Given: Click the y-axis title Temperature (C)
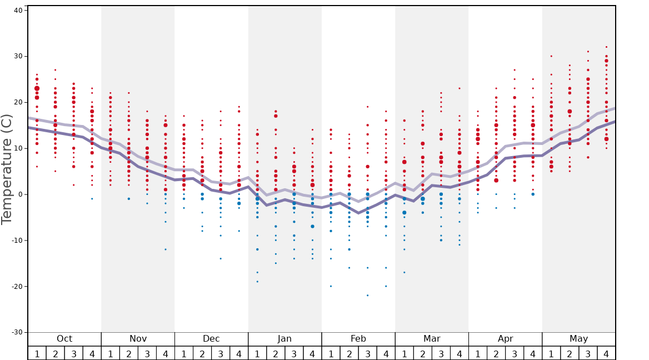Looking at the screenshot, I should coord(7,169).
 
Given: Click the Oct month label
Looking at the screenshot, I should coord(64,339).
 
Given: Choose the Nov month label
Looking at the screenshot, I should coord(138,339).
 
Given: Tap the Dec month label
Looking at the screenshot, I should coord(211,339).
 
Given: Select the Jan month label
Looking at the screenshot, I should coord(284,339).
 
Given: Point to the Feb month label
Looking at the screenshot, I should coord(358,339).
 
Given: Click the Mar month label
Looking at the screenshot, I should coord(432,339).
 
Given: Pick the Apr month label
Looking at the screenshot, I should coord(505,339).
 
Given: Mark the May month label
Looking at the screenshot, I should coord(578,339).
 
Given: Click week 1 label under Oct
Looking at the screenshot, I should coord(37,353).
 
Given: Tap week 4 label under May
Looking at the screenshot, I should coord(606,353).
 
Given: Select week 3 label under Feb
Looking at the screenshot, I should coord(367,353).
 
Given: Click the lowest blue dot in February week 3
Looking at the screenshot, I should coord(367,296).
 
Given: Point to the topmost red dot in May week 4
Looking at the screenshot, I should coord(606,47).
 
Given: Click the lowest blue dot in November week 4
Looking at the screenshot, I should coord(165,249).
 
